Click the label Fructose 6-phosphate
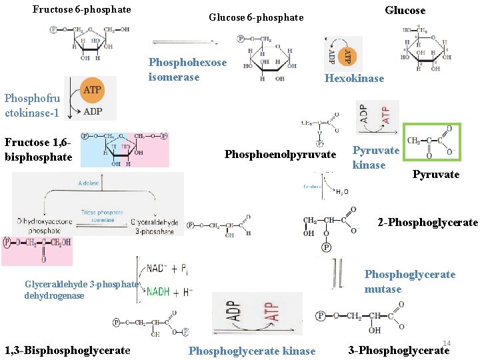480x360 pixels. pyautogui.click(x=81, y=10)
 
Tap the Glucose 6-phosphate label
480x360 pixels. pyautogui.click(x=256, y=17)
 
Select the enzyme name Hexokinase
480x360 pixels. pyautogui.click(x=354, y=79)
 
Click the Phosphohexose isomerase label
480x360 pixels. pyautogui.click(x=187, y=69)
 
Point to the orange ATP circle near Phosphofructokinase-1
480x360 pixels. pyautogui.click(x=91, y=90)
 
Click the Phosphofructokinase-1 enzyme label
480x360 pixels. pyautogui.click(x=31, y=105)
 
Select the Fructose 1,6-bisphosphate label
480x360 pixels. pyautogui.click(x=38, y=149)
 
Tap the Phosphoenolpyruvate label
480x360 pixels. pyautogui.click(x=280, y=155)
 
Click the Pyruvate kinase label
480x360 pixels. pyautogui.click(x=375, y=157)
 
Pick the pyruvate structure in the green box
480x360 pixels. pyautogui.click(x=432, y=142)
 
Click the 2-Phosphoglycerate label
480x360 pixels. pyautogui.click(x=427, y=223)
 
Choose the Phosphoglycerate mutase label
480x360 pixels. pyautogui.click(x=409, y=281)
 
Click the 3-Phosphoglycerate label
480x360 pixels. pyautogui.click(x=399, y=351)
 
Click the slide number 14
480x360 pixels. pyautogui.click(x=447, y=343)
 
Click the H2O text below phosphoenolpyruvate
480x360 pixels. pyautogui.click(x=341, y=193)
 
